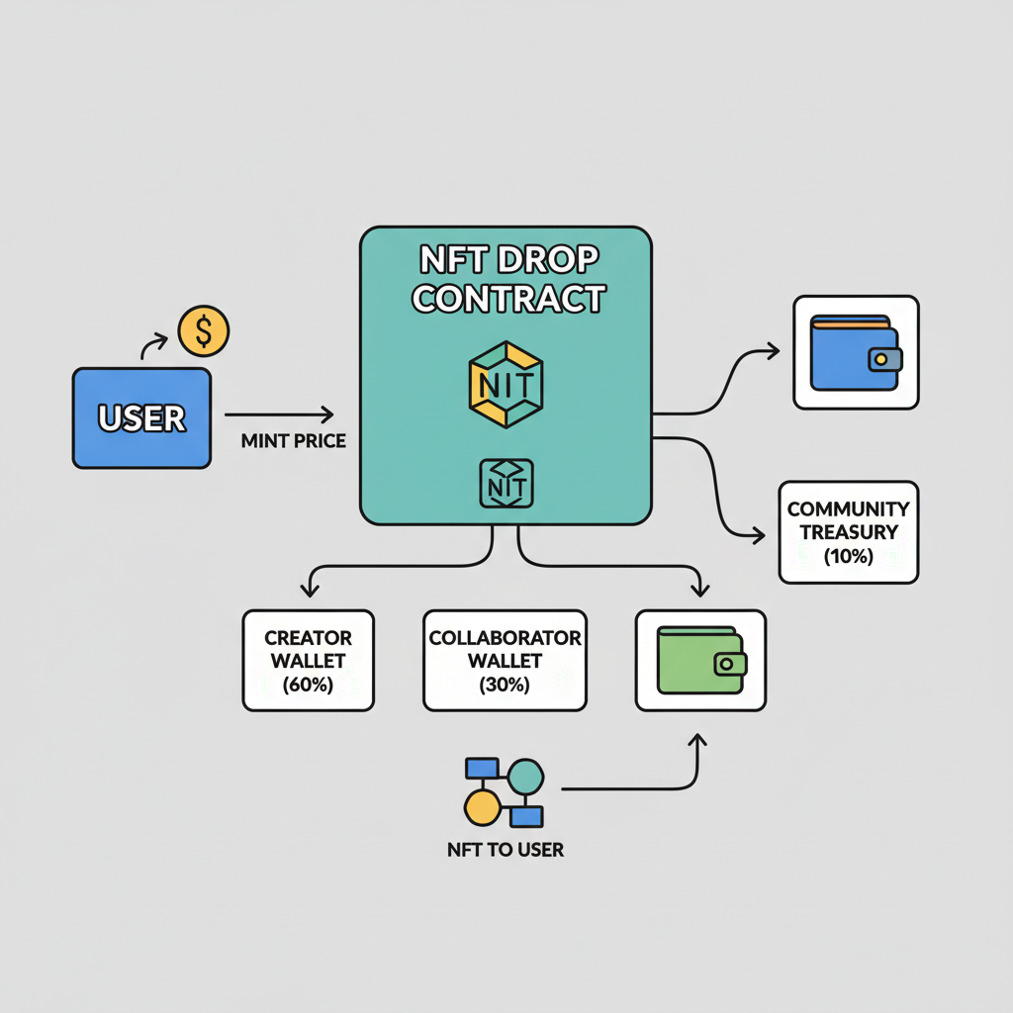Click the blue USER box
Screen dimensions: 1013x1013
point(141,417)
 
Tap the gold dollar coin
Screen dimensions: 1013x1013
point(203,331)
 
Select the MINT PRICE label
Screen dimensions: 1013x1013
point(294,441)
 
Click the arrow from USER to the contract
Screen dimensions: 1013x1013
point(280,414)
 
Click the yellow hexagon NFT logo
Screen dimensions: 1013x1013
point(506,384)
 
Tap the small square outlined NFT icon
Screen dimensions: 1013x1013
point(506,484)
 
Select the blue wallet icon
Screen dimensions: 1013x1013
point(856,352)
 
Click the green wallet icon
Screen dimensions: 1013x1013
point(700,660)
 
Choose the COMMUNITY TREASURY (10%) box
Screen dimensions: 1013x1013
point(848,532)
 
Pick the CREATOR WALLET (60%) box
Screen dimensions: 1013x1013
point(309,660)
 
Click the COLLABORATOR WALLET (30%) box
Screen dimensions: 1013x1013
point(505,660)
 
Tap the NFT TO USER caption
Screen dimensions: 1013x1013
point(505,850)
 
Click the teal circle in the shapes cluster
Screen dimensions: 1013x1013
point(525,777)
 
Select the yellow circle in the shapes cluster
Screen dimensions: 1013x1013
point(482,807)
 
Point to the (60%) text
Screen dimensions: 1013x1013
point(309,685)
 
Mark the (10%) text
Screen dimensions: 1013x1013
point(848,556)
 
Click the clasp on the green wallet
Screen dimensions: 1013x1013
point(730,665)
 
